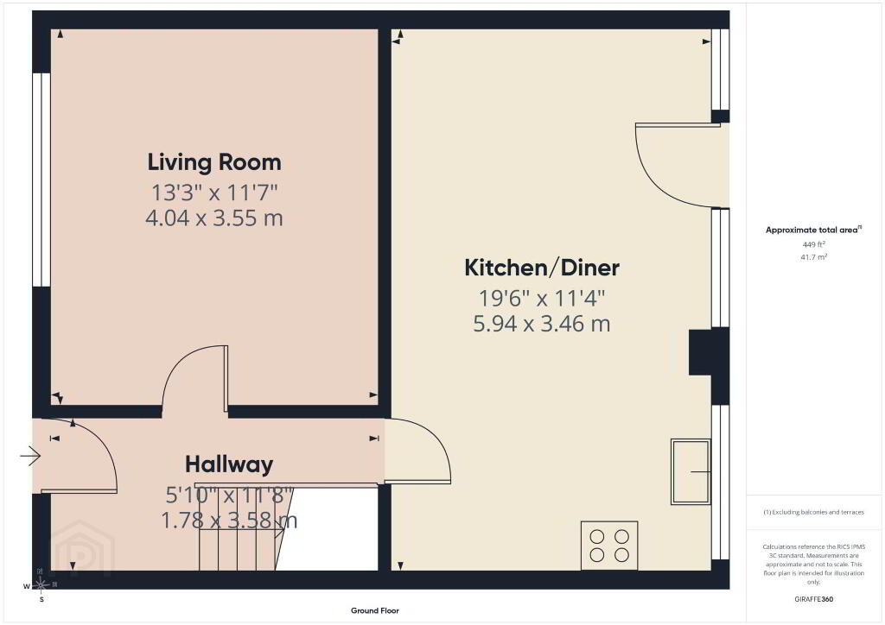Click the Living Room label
214,162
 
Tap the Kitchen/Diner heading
542,268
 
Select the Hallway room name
229,464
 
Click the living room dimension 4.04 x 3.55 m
214,218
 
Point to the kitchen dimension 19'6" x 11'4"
542,298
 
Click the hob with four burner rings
609,546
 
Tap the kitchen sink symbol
691,471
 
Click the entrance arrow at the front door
30,455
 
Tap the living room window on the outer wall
41,180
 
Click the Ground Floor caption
375,610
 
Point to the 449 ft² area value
814,244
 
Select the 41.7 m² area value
814,257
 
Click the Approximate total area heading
813,230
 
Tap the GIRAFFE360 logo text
814,599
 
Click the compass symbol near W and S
41,585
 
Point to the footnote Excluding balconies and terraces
814,512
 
